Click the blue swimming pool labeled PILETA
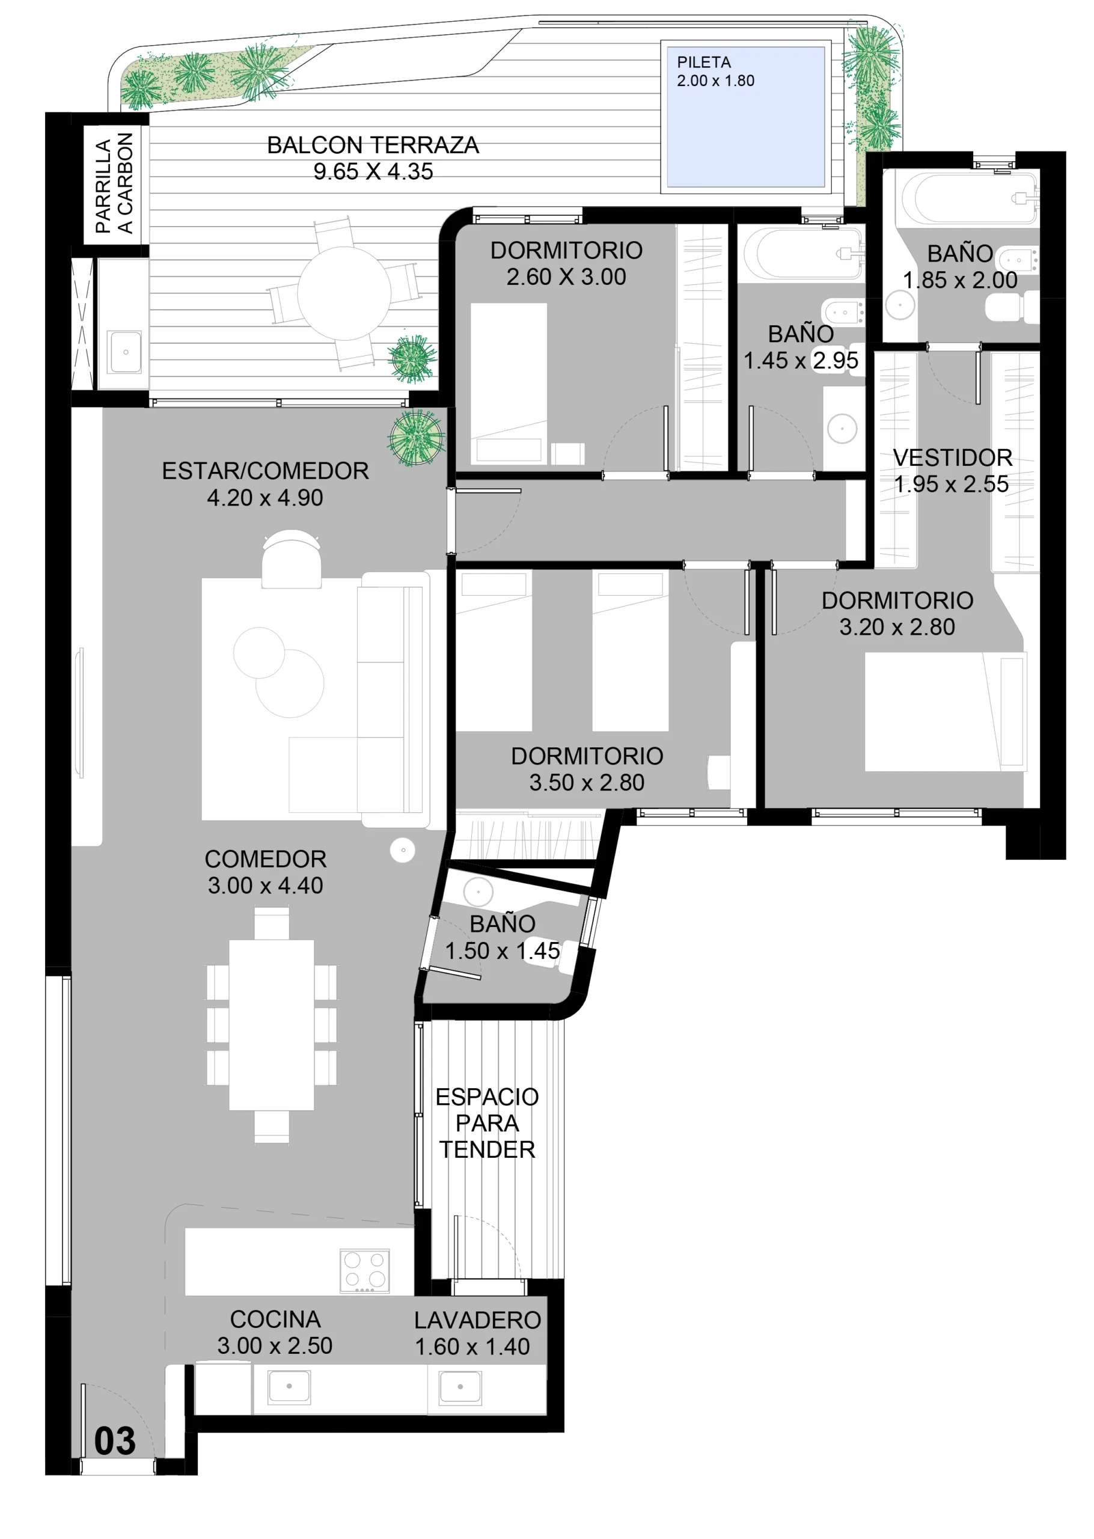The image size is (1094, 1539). click(746, 117)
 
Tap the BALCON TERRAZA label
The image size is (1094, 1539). click(373, 145)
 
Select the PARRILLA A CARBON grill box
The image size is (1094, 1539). click(112, 184)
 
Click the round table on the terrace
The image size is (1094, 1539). click(344, 293)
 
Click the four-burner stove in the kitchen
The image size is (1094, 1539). click(364, 1271)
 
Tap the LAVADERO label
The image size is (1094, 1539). click(478, 1320)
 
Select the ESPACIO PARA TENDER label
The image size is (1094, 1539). click(487, 1123)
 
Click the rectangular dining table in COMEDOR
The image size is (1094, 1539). click(272, 1024)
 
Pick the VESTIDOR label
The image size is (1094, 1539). click(953, 457)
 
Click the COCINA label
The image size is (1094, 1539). click(275, 1319)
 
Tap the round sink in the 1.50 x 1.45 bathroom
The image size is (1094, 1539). click(478, 892)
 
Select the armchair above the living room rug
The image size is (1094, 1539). click(292, 559)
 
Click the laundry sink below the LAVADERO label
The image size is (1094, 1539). click(460, 1388)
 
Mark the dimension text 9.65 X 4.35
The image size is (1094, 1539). click(373, 171)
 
